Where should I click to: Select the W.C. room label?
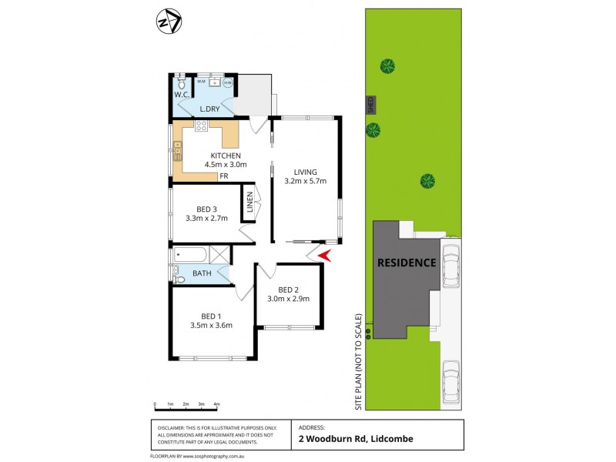pyautogui.click(x=181, y=95)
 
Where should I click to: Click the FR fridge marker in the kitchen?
pyautogui.click(x=223, y=176)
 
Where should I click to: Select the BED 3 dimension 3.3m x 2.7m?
pyautogui.click(x=207, y=218)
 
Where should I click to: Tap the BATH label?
pyautogui.click(x=202, y=273)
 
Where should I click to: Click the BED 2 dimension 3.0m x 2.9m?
pyautogui.click(x=288, y=299)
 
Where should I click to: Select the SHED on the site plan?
pyautogui.click(x=370, y=103)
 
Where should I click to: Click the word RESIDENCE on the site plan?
pyautogui.click(x=406, y=263)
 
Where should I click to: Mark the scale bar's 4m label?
pyautogui.click(x=216, y=404)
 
